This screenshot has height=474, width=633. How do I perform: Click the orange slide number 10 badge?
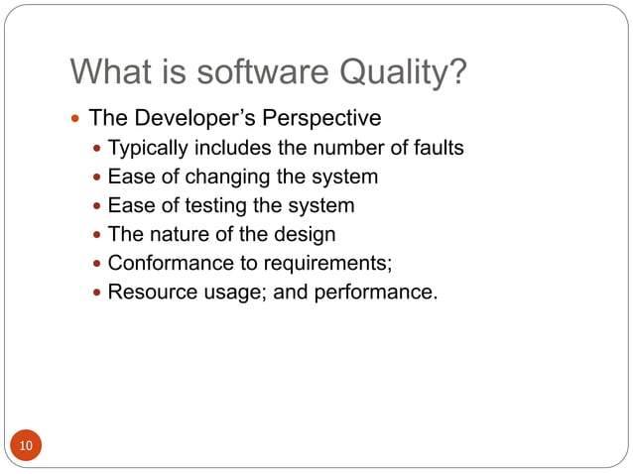coord(26,445)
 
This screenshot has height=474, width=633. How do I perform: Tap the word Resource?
coord(150,293)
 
